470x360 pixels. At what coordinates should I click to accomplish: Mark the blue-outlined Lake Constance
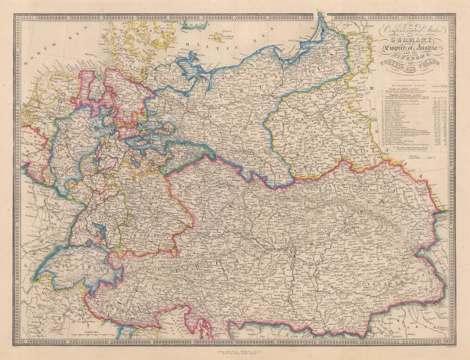coord(100,232)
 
